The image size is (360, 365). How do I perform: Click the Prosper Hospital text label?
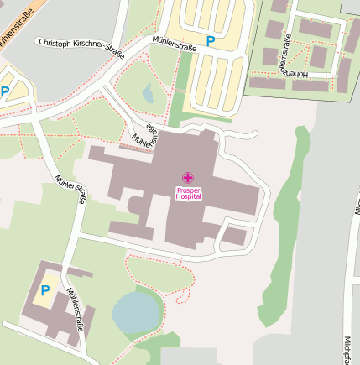pos(188,193)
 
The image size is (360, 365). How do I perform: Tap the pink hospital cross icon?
pos(188,177)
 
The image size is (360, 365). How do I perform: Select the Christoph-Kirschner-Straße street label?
pos(81,47)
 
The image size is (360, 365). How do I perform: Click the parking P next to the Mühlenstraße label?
pos(211,39)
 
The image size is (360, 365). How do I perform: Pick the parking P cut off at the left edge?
pos(4,91)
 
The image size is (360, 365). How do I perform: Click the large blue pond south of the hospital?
pos(135,311)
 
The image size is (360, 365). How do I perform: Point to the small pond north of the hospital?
pos(148,93)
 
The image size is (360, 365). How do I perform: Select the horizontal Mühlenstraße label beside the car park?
pos(175,44)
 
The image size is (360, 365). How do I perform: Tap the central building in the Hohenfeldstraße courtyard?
pos(318,56)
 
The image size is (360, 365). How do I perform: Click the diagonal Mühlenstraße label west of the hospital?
pos(70,190)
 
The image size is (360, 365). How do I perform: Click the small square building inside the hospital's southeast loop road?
pos(234,237)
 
